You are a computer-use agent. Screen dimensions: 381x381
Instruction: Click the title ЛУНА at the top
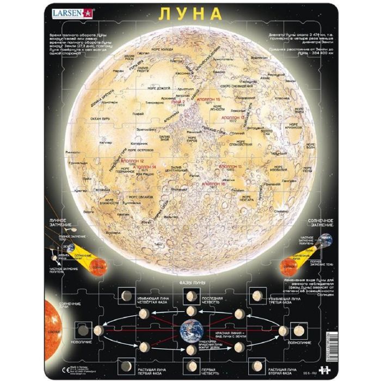pos(190,13)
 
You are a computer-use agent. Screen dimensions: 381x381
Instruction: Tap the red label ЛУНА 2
pos(178,102)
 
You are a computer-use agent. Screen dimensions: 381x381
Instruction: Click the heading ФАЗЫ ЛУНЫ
pos(190,284)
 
